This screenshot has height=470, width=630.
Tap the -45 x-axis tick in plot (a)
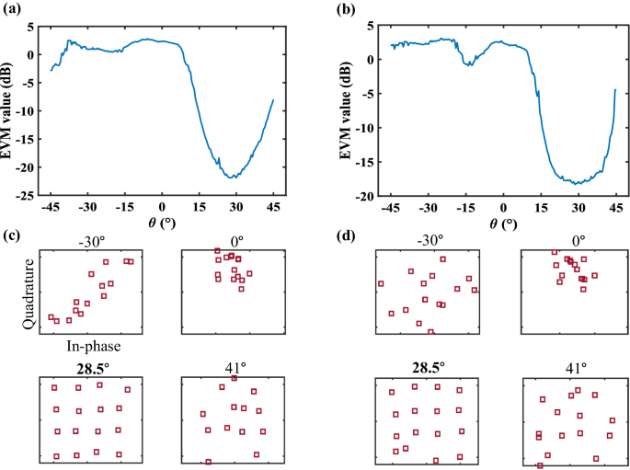point(51,207)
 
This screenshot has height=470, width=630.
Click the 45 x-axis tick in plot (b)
point(615,207)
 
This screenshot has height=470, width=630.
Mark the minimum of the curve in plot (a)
point(233,177)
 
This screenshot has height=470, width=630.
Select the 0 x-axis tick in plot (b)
point(503,207)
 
